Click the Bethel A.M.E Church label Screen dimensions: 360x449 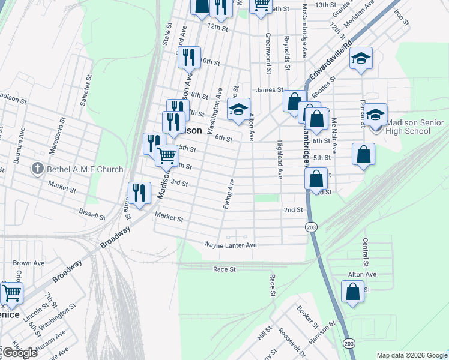[85, 170]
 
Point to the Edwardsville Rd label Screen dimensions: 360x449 [329, 62]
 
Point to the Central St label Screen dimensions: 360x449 [365, 252]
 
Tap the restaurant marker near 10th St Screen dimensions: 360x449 [190, 57]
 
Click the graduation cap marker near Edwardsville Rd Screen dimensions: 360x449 [361, 58]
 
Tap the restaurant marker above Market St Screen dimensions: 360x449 [139, 193]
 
